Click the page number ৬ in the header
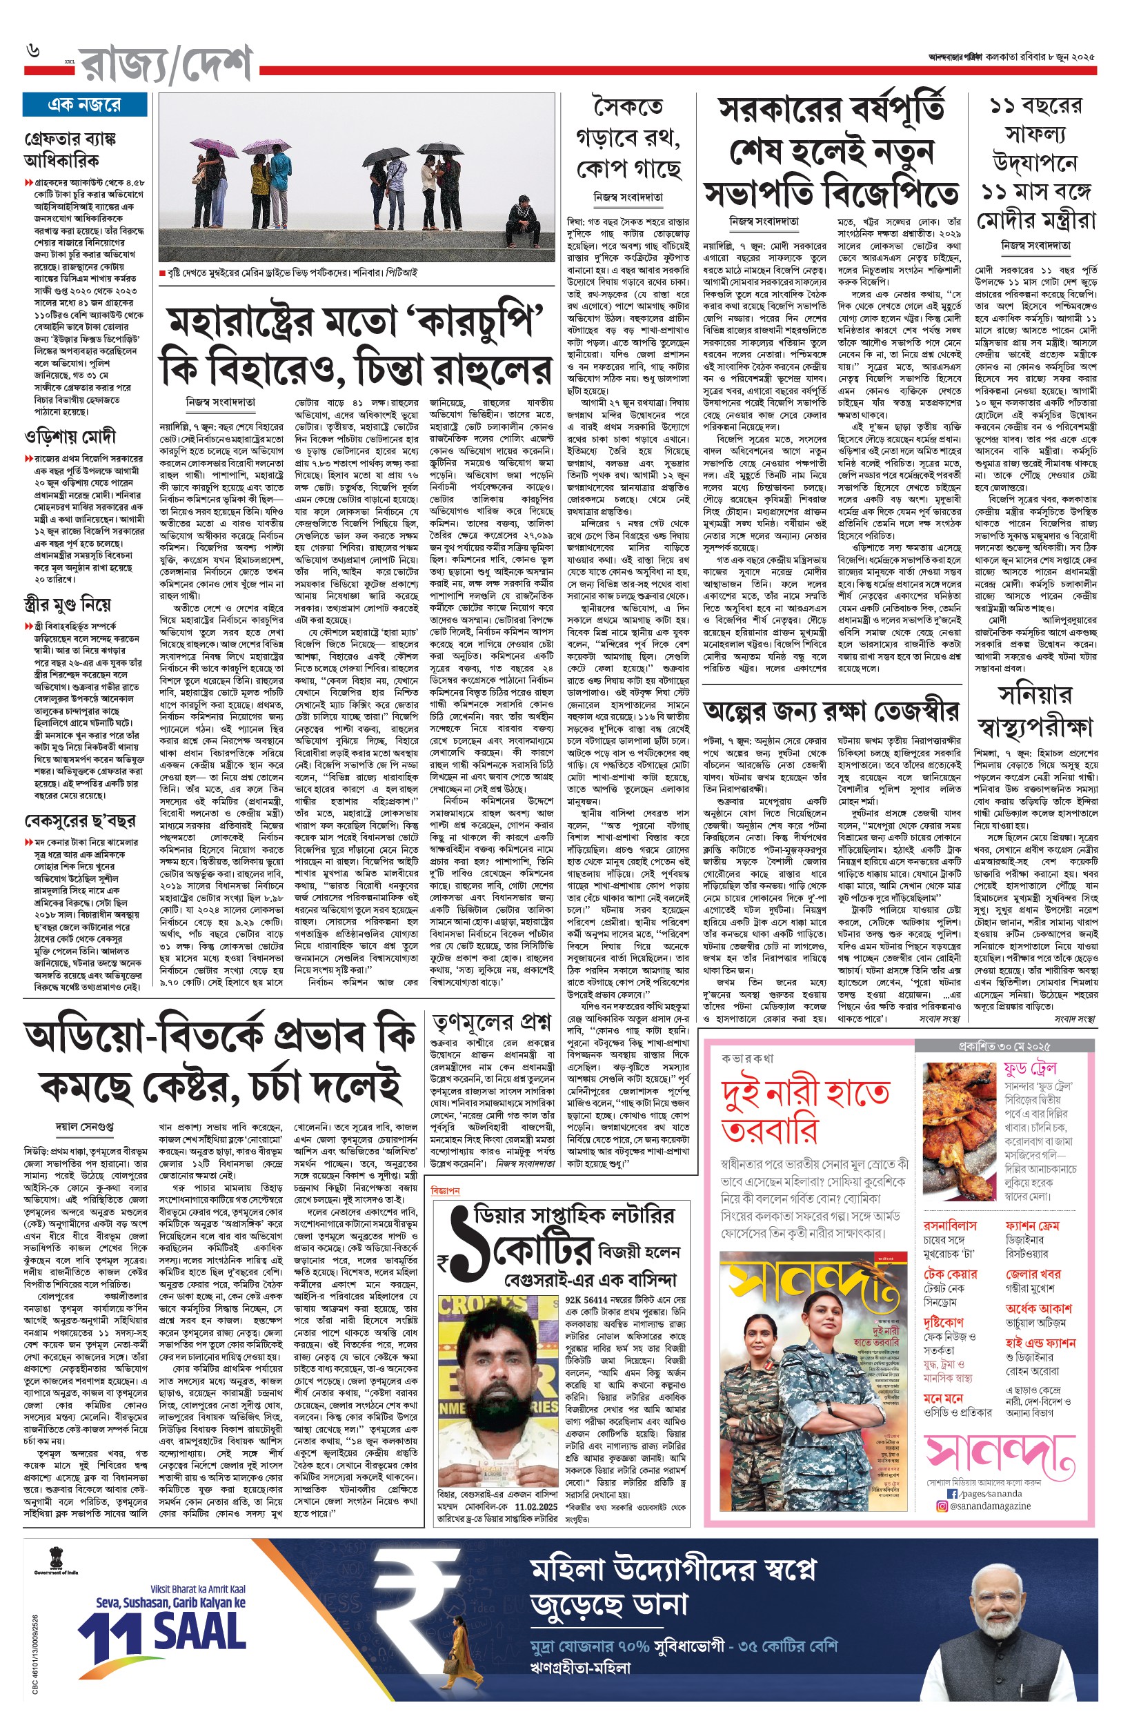coord(32,51)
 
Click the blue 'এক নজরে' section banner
coord(84,105)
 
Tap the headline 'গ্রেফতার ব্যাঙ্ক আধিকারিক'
coord(70,149)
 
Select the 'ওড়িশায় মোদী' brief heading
coord(70,437)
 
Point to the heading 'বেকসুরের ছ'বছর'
coord(80,821)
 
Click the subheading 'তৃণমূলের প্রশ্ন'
coord(491,1021)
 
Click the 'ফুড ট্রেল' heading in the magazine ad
coord(1029,1069)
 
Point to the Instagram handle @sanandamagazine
coord(990,1506)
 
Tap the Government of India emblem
coord(57,1558)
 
